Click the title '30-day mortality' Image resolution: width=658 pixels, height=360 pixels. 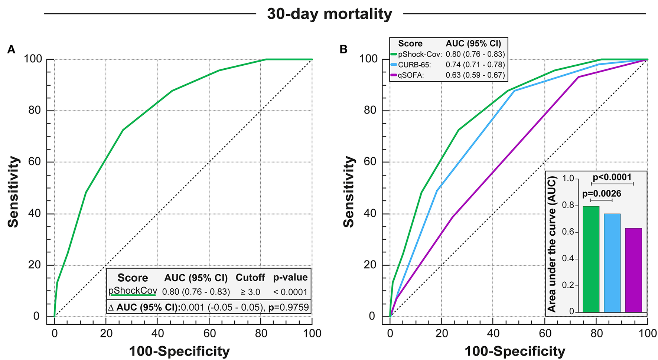click(329, 14)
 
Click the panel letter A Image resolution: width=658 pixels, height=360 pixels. click(11, 49)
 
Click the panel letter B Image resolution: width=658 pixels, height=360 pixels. click(343, 49)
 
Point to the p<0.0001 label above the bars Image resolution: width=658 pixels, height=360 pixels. click(612, 177)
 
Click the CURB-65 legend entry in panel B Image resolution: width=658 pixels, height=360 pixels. click(414, 65)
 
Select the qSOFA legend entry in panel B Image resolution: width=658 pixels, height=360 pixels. click(411, 75)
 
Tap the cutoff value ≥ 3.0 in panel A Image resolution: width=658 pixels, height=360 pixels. click(250, 292)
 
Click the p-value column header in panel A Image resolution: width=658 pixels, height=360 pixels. click(290, 278)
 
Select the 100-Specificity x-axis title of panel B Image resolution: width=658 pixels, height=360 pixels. click(515, 351)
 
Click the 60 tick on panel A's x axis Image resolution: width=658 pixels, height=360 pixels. click(209, 333)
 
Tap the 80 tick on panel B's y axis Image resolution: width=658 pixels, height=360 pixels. click(370, 110)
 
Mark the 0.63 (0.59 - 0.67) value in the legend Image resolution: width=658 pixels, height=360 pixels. click(475, 75)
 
